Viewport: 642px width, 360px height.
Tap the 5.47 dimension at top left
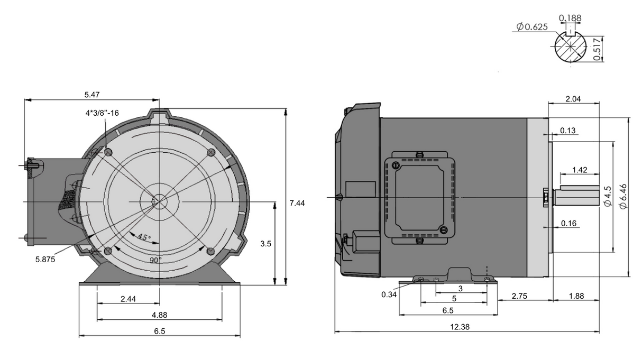pyautogui.click(x=91, y=94)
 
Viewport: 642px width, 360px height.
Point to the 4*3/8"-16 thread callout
pyautogui.click(x=102, y=113)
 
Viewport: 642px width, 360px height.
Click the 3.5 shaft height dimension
pyautogui.click(x=266, y=244)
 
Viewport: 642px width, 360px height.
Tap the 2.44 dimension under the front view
pyautogui.click(x=128, y=299)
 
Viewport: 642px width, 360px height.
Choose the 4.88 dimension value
pyautogui.click(x=159, y=315)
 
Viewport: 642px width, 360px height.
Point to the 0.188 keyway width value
pyautogui.click(x=572, y=19)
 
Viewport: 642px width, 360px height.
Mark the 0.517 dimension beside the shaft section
pyautogui.click(x=597, y=49)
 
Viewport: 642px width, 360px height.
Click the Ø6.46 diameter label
pyautogui.click(x=623, y=197)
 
